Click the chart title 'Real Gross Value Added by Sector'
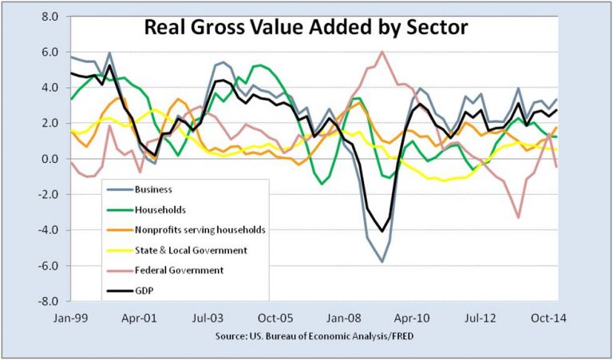pyautogui.click(x=305, y=28)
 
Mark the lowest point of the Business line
pyautogui.click(x=383, y=261)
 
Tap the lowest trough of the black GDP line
pyautogui.click(x=383, y=231)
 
